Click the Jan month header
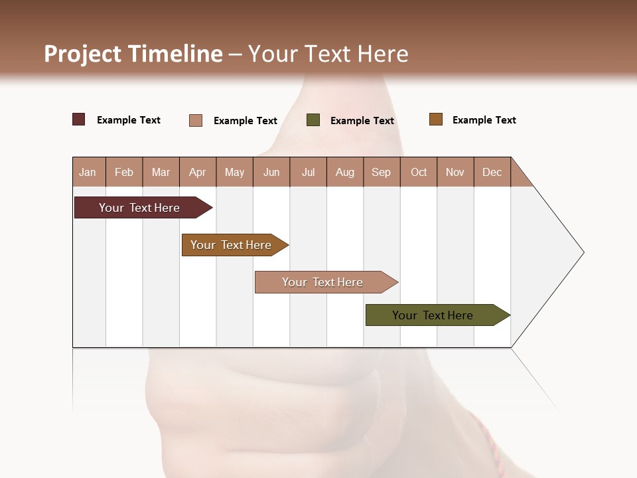(88, 172)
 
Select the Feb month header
(124, 172)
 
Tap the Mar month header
(161, 172)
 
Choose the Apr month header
(198, 172)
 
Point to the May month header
(234, 172)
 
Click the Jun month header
(271, 172)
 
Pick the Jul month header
(308, 172)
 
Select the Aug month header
(345, 172)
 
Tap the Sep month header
(382, 172)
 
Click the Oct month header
(419, 172)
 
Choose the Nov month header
(455, 172)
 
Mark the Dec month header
(492, 172)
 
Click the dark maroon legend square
(79, 119)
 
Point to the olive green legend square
(313, 119)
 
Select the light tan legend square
(196, 120)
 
